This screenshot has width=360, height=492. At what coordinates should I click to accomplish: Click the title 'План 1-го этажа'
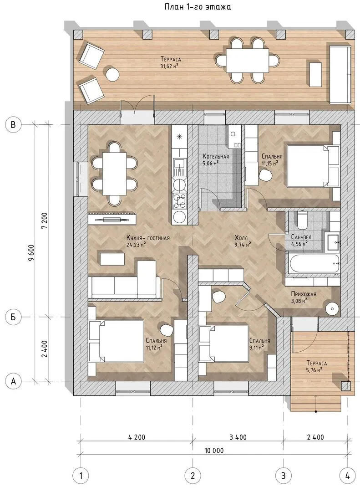pyautogui.click(x=198, y=7)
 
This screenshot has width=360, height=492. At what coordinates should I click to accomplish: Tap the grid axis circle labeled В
pyautogui.click(x=13, y=124)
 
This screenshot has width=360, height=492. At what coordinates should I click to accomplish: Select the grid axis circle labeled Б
pyautogui.click(x=13, y=317)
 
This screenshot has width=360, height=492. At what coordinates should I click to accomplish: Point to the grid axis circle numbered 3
pyautogui.click(x=284, y=476)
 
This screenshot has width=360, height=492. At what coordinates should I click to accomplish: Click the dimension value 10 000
pyautogui.click(x=214, y=451)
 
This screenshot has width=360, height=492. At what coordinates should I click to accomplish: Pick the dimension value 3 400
pyautogui.click(x=238, y=437)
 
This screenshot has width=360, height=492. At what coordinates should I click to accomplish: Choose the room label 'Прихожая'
pyautogui.click(x=304, y=294)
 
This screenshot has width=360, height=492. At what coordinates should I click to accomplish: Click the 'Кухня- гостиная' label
pyautogui.click(x=148, y=238)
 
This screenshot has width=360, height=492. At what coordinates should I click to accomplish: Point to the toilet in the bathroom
pyautogui.click(x=303, y=220)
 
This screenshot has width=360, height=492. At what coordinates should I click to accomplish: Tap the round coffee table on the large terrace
pyautogui.click(x=112, y=74)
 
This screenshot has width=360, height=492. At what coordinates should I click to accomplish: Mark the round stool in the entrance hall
pyautogui.click(x=331, y=309)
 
